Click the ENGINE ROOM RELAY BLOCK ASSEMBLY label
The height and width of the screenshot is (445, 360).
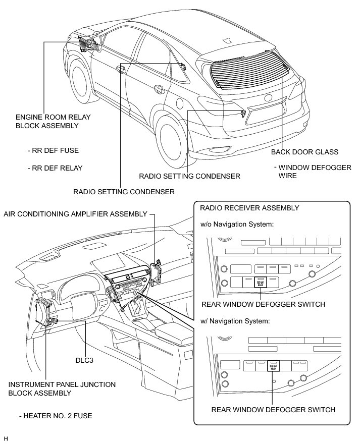53,121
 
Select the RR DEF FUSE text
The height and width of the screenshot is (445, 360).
54,150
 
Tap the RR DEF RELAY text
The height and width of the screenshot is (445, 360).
56,168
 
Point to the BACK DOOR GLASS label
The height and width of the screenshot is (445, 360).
304,152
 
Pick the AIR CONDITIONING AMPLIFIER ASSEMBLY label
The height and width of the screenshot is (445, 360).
75,214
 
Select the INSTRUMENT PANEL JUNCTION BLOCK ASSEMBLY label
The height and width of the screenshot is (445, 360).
62,388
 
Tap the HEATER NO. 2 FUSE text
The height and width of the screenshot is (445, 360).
55,416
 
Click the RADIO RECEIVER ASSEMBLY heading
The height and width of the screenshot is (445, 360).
249,208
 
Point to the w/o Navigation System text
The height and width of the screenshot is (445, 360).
237,224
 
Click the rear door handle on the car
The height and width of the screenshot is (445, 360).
159,89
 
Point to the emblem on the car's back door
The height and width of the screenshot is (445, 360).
267,98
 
